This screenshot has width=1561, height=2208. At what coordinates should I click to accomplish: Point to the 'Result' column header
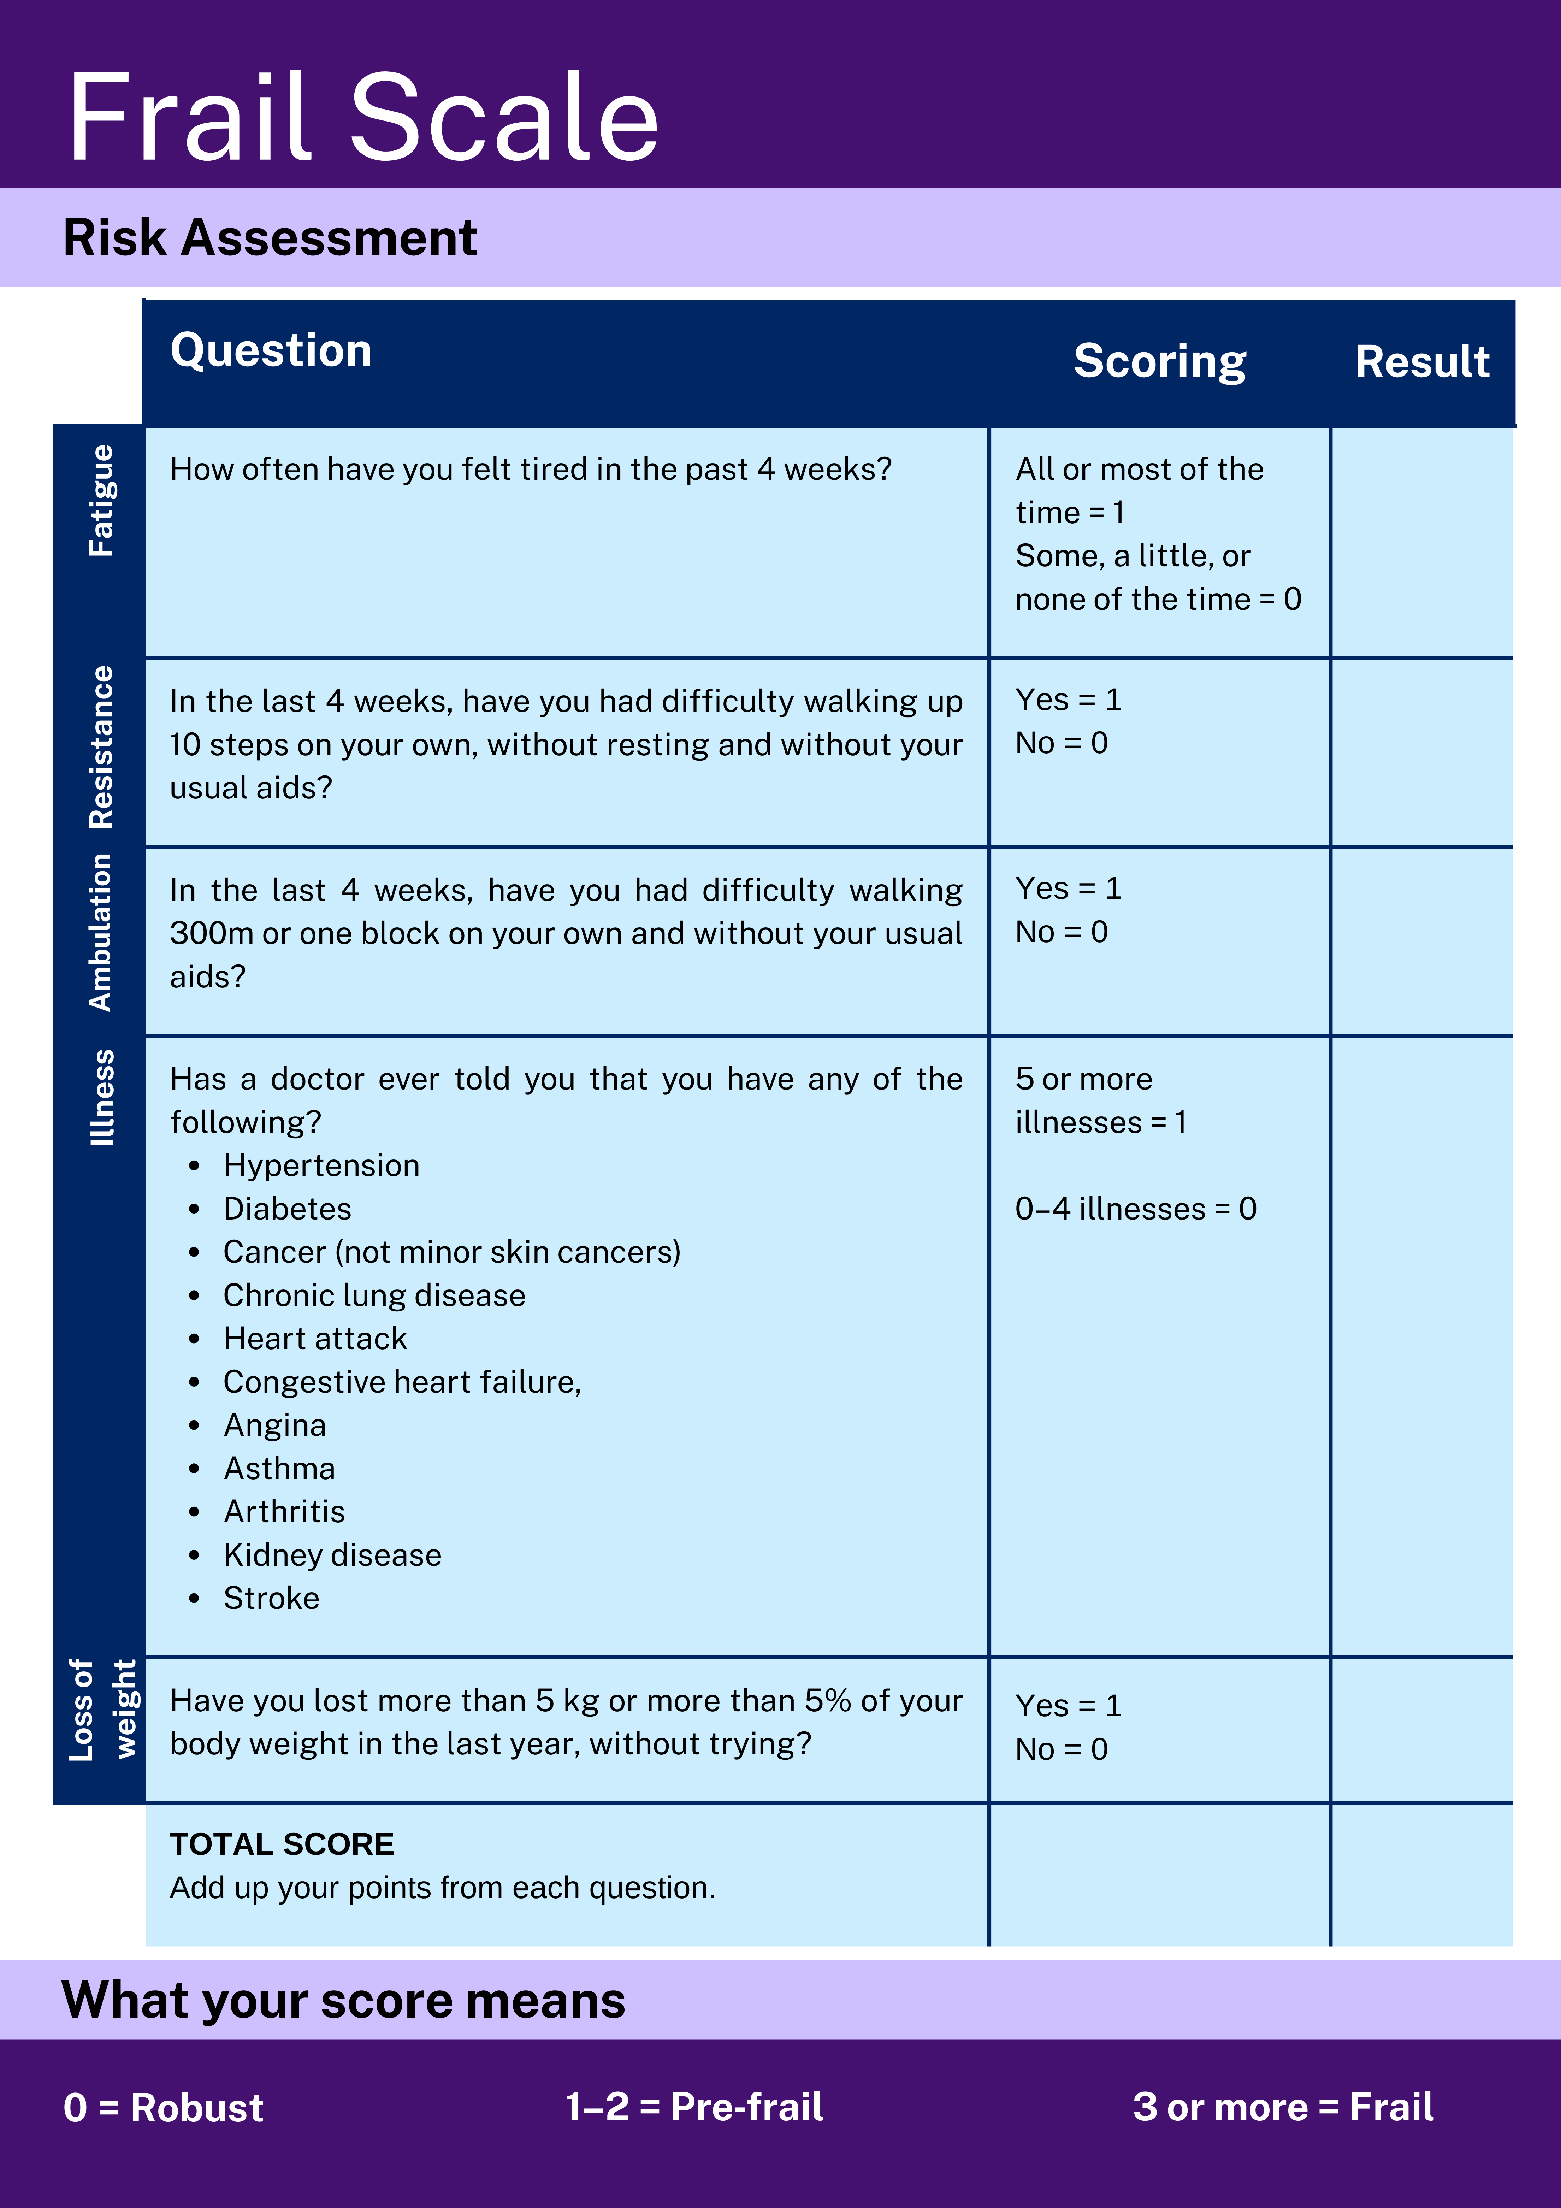[1421, 362]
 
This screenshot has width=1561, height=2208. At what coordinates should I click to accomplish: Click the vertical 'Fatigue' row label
[101, 500]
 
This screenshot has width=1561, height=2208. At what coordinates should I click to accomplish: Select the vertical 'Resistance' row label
[101, 747]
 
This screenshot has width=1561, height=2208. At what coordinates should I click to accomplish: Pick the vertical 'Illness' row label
[101, 1097]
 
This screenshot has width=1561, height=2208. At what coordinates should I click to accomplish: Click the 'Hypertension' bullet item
[321, 1165]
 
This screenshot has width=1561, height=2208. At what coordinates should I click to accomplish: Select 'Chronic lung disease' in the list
[374, 1295]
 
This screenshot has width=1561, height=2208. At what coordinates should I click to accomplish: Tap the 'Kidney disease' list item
[332, 1555]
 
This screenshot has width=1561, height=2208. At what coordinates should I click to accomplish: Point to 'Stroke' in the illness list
[271, 1598]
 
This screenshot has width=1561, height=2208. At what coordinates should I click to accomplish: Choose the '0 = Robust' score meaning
[164, 2107]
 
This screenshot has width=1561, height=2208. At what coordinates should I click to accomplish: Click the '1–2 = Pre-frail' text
[693, 2106]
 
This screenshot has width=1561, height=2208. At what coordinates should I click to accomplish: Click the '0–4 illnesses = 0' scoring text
[1136, 1209]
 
